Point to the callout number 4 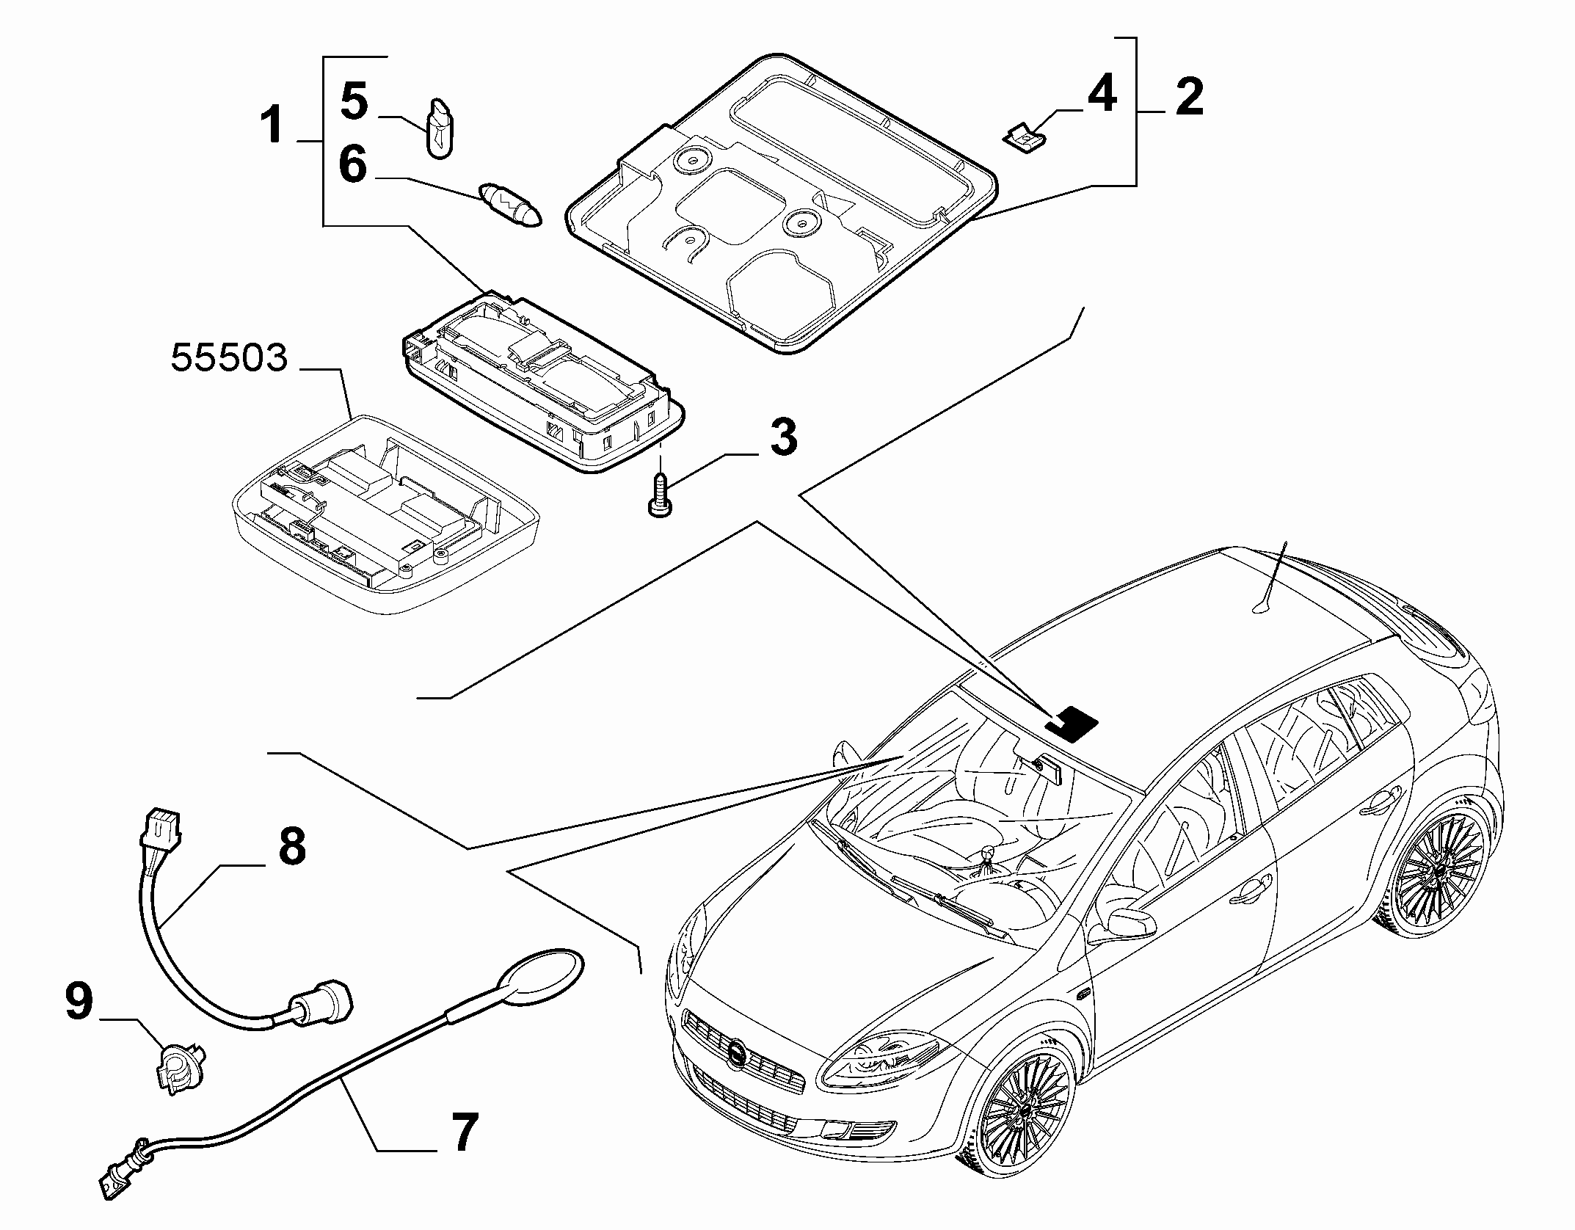pyautogui.click(x=1100, y=93)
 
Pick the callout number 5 pyautogui.click(x=355, y=101)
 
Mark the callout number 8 pyautogui.click(x=291, y=845)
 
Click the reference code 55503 pyautogui.click(x=228, y=360)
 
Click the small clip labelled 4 pyautogui.click(x=1024, y=137)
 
